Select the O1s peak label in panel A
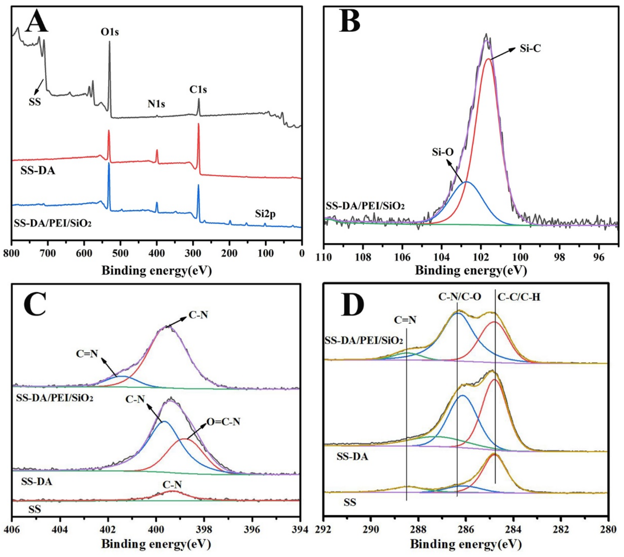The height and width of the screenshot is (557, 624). coord(110,32)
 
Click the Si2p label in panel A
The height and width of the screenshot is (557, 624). coord(265,214)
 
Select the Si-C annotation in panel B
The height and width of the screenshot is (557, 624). coord(530,48)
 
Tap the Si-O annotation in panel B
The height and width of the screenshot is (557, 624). coord(443,152)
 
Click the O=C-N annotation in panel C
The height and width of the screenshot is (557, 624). coord(223,422)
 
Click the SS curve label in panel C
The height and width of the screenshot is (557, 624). coord(35,510)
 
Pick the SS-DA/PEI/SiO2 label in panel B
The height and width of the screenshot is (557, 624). coord(365,206)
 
